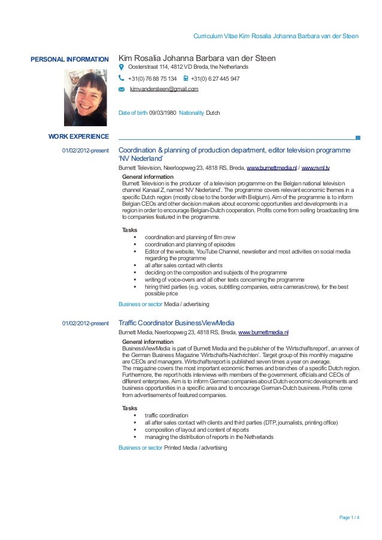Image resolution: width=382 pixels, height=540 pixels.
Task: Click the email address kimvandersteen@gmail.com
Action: tap(163, 89)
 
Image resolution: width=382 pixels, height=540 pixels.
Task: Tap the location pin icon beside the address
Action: tap(122, 68)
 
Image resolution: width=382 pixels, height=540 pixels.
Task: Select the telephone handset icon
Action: tap(122, 78)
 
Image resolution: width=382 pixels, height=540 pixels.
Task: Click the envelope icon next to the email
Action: tap(122, 89)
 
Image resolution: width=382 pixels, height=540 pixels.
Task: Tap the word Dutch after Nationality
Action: tap(213, 112)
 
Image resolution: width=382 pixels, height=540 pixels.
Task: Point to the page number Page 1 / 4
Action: tap(349, 517)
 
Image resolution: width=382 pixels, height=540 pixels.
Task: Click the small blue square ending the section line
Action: tap(357, 138)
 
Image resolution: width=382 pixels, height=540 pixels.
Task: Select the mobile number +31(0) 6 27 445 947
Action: tap(215, 78)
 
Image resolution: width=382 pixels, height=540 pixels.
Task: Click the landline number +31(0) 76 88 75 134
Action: tap(152, 78)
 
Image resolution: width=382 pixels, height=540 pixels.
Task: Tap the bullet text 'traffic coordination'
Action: tap(166, 415)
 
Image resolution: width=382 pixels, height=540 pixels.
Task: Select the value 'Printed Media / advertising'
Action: tap(196, 447)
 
